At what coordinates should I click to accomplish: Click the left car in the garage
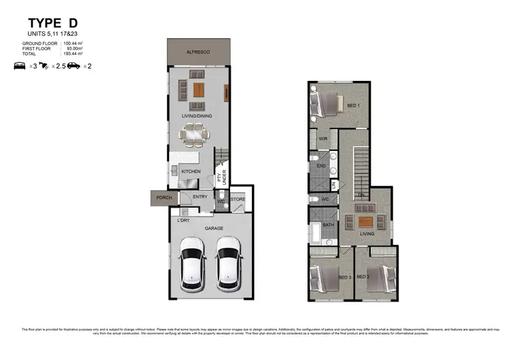(x=192, y=264)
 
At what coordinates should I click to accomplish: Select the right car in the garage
(x=228, y=264)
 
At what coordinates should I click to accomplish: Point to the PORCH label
(x=164, y=198)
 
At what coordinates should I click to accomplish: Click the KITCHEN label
(x=191, y=172)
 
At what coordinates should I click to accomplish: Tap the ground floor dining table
(x=194, y=134)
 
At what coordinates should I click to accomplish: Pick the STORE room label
(x=238, y=200)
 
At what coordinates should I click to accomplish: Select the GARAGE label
(x=214, y=228)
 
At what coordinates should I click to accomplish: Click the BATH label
(x=328, y=225)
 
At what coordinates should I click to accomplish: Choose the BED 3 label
(x=344, y=277)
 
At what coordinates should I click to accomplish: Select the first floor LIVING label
(x=367, y=234)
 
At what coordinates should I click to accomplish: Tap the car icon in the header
(x=73, y=66)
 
